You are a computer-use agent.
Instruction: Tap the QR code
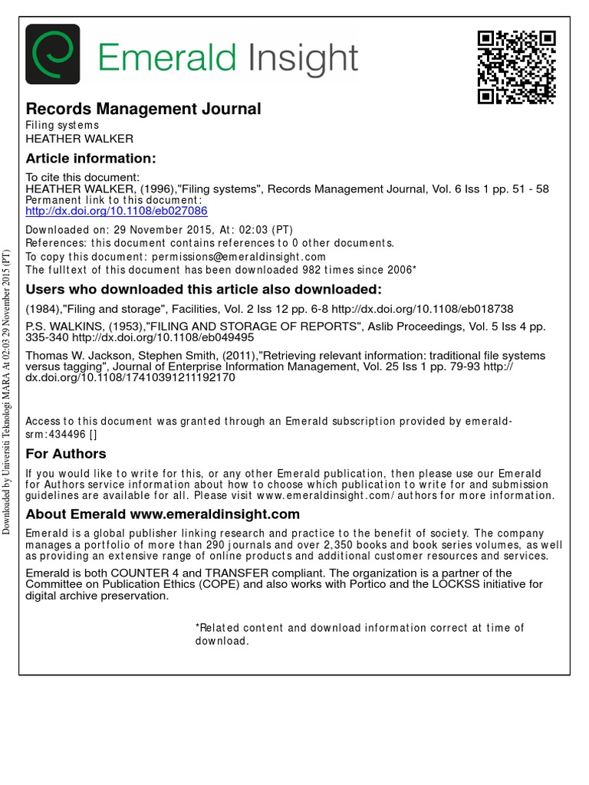[516, 67]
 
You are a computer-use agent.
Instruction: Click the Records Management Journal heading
[143, 109]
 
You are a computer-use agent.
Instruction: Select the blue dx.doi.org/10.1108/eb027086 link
[117, 211]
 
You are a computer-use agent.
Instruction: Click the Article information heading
[90, 159]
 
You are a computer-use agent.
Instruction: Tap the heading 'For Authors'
[66, 453]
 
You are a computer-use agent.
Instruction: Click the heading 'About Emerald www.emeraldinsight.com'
[163, 514]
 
